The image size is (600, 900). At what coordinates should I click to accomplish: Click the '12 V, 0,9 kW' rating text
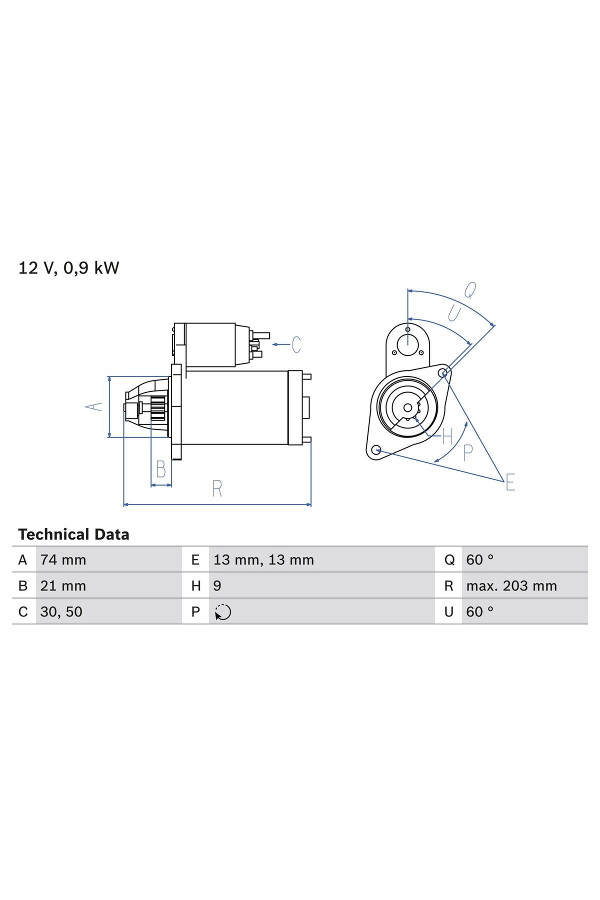pos(68,268)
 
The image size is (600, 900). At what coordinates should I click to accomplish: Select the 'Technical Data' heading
pos(73,534)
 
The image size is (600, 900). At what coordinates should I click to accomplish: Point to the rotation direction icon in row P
pos(222,612)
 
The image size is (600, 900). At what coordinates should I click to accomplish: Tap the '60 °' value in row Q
pos(479,559)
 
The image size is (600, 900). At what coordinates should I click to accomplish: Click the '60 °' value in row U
pos(479,611)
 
